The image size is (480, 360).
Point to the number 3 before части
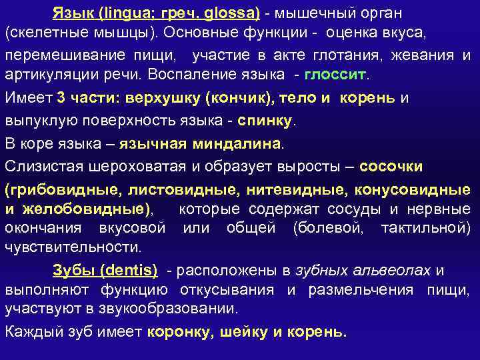[x=61, y=99]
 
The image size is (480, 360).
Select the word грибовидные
[x=63, y=189]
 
